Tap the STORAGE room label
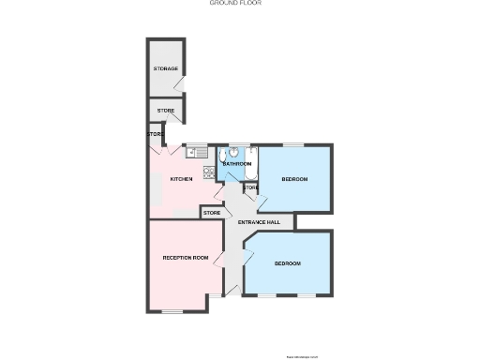point(166,69)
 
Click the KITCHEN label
point(181,179)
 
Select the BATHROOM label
point(236,164)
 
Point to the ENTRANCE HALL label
point(259,222)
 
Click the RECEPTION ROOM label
point(185,257)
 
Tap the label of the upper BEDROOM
point(294,179)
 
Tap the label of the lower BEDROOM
point(288,263)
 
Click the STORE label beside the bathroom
point(250,187)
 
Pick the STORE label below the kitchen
point(212,213)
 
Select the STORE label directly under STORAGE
point(165,111)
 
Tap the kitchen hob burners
point(208,172)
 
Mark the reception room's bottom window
point(173,310)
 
